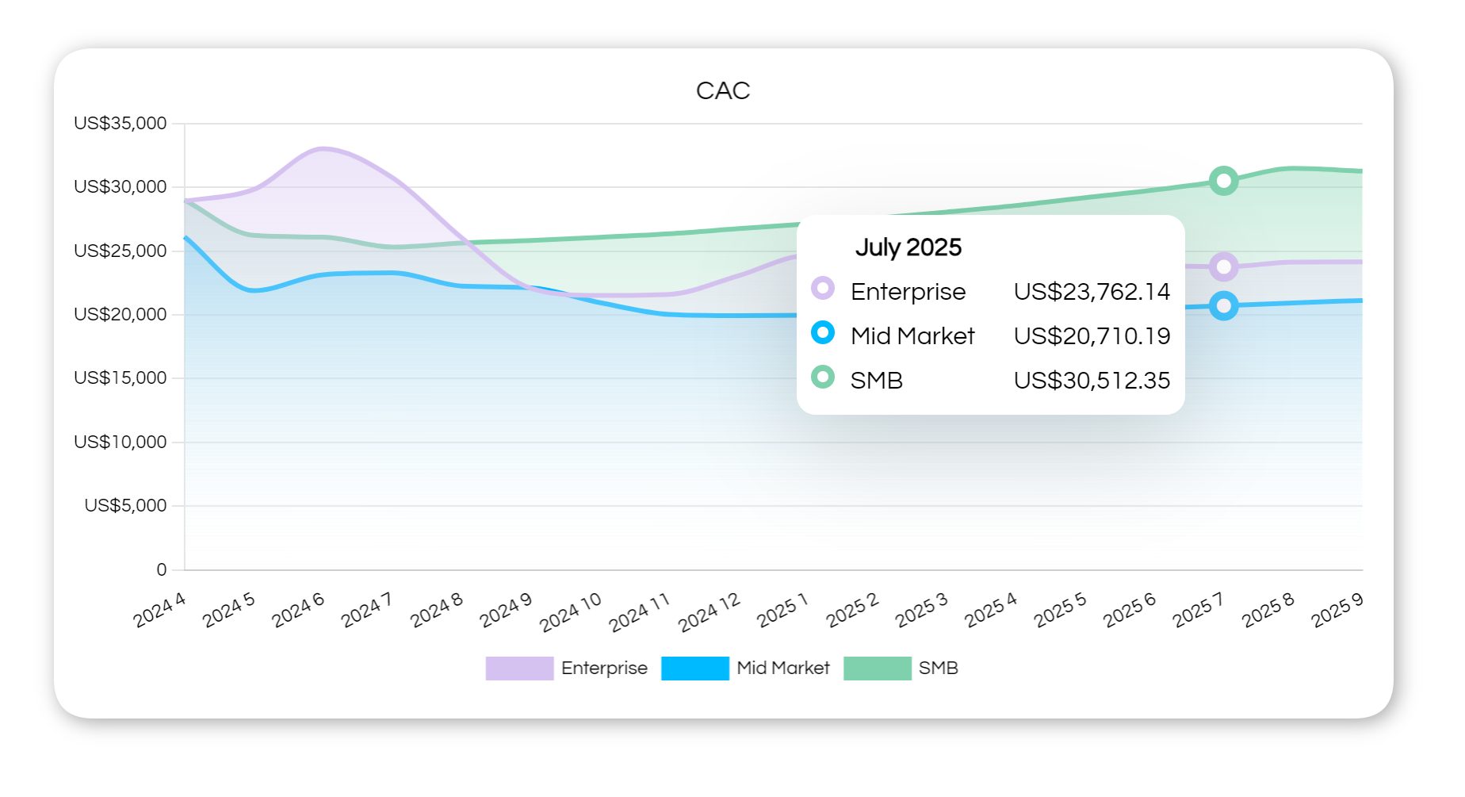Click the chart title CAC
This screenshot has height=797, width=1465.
(722, 90)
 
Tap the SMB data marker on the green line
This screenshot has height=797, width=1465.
(1223, 181)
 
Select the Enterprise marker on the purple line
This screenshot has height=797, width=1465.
(1223, 267)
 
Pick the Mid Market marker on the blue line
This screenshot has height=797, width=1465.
(1223, 306)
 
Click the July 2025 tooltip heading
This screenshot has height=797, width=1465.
(908, 247)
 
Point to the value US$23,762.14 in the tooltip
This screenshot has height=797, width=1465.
(1092, 292)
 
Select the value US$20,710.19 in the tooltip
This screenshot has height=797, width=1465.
(1092, 336)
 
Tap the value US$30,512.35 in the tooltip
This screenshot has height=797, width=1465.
(1092, 381)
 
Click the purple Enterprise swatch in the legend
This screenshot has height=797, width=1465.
(519, 669)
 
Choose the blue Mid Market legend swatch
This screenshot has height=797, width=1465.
(694, 669)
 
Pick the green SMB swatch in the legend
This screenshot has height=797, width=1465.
(877, 669)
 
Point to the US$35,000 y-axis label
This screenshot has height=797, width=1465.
(120, 124)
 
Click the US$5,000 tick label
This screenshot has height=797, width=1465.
(125, 506)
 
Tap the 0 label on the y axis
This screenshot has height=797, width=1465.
(162, 569)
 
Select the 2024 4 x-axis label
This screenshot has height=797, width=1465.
(159, 611)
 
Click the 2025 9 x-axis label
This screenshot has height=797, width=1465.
(1337, 611)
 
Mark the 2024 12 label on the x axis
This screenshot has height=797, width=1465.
(709, 613)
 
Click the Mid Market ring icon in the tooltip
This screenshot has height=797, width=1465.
(823, 332)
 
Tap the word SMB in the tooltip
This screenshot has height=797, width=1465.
(876, 381)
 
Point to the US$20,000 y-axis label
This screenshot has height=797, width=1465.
(120, 315)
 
